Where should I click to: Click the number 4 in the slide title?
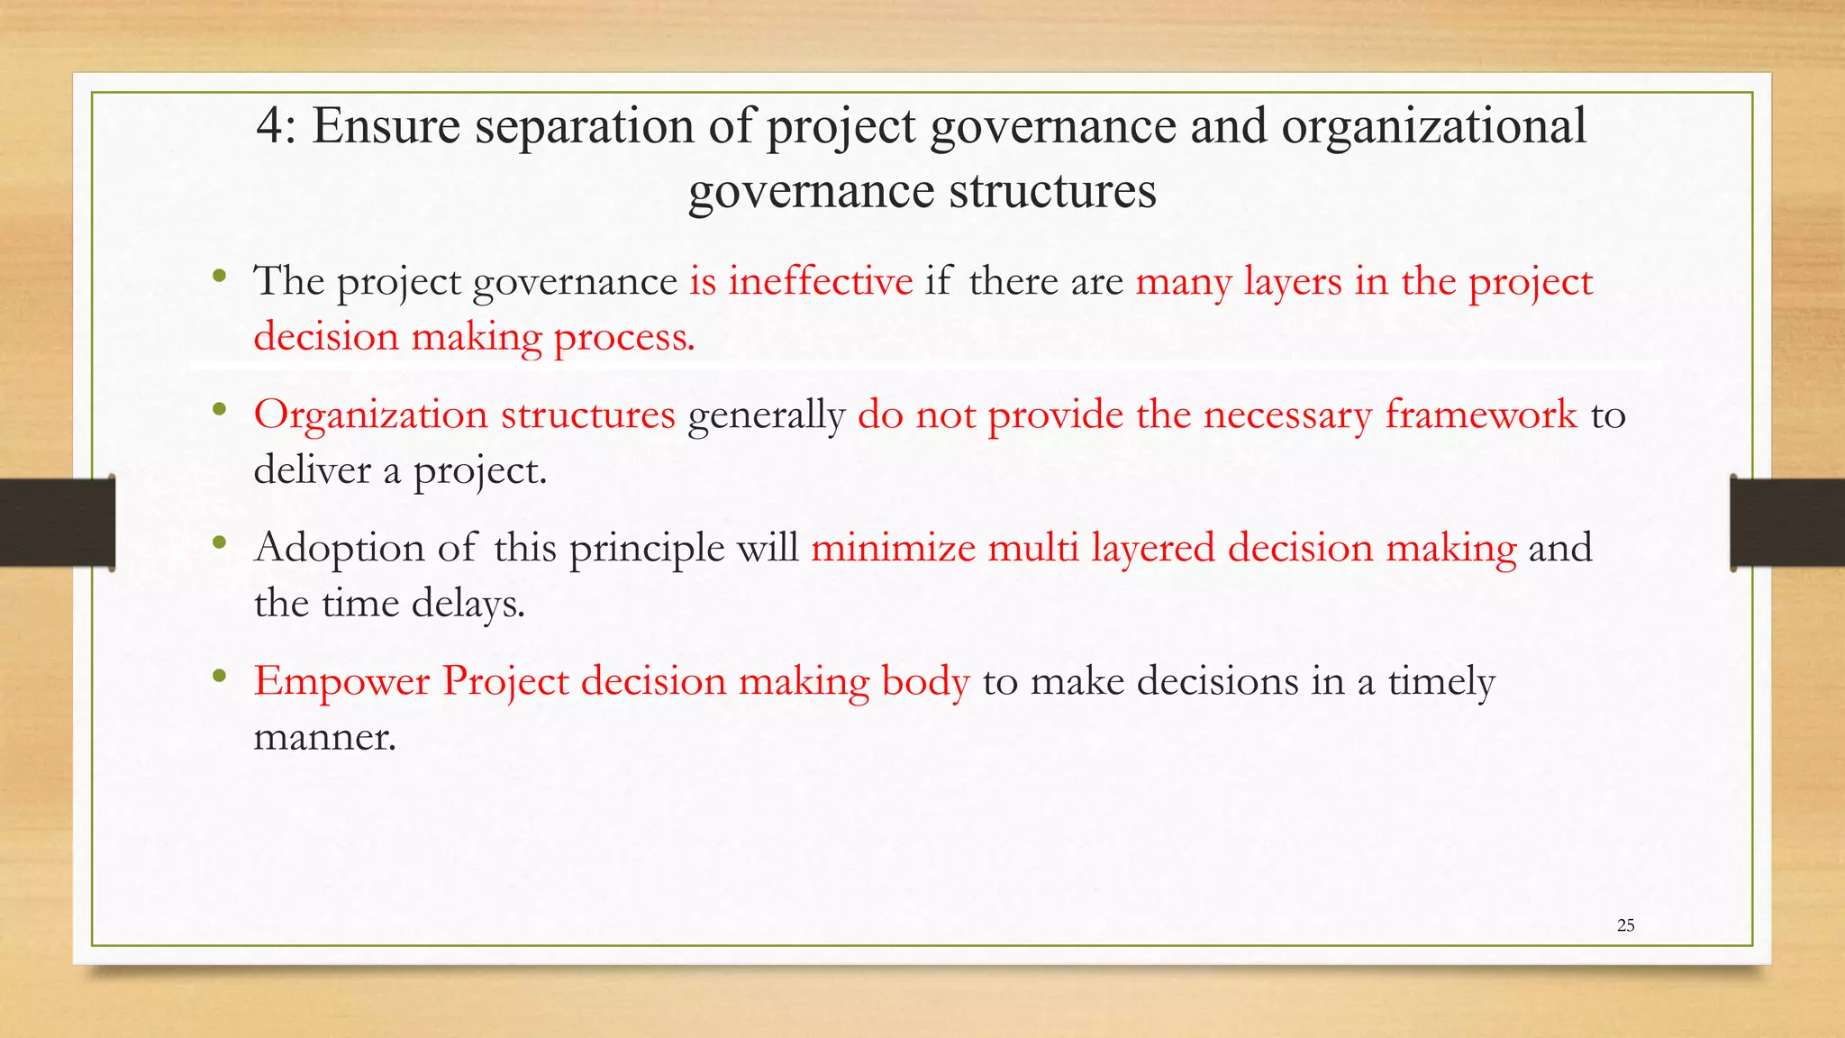269,126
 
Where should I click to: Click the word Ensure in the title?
386,126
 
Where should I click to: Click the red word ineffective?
820,281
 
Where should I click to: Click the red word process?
623,339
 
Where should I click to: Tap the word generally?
766,416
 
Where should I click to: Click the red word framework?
1481,414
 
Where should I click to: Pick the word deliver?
312,470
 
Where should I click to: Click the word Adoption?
340,548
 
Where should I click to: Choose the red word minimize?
893,548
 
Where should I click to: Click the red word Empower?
341,681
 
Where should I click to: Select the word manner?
324,738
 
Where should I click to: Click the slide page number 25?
1625,925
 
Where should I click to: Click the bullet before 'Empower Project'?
219,676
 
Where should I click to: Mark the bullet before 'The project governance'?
219,276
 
